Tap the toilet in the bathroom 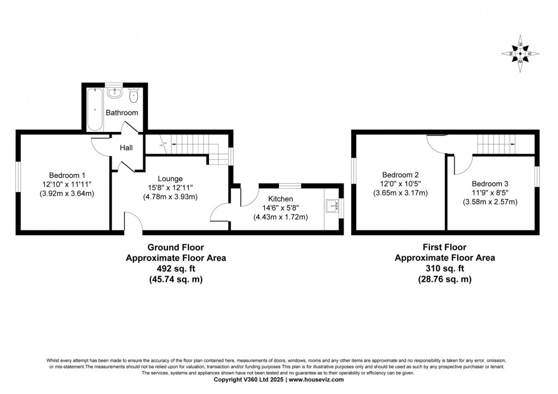(x=133, y=96)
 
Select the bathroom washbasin (x=115, y=94)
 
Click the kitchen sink (x=332, y=206)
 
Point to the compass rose (x=520, y=53)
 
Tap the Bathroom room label (x=122, y=113)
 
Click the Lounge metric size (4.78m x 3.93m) (x=170, y=196)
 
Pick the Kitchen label (x=281, y=199)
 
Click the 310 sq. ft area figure (x=445, y=268)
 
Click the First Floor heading (x=445, y=247)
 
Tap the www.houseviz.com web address (x=316, y=379)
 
